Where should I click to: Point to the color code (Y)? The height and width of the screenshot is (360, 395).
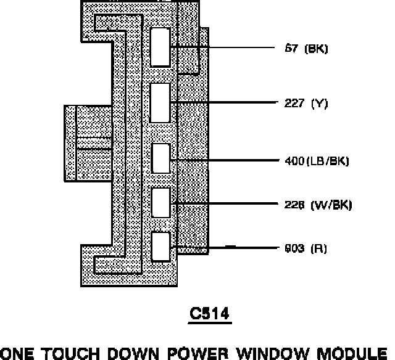319,104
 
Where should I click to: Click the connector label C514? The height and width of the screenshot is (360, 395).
210,314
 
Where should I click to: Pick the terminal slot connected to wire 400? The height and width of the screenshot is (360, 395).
160,158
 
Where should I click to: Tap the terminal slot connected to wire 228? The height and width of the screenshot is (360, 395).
160,202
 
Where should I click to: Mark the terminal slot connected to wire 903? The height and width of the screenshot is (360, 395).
160,246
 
